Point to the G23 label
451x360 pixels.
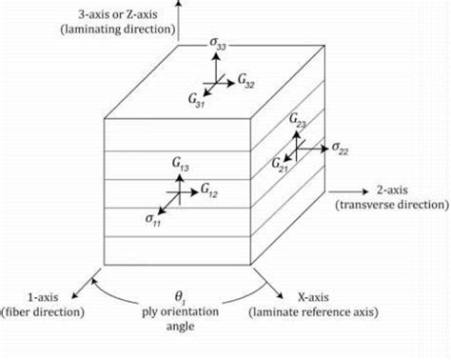(x=296, y=123)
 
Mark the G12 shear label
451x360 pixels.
(x=209, y=193)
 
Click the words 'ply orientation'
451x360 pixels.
(x=180, y=312)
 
